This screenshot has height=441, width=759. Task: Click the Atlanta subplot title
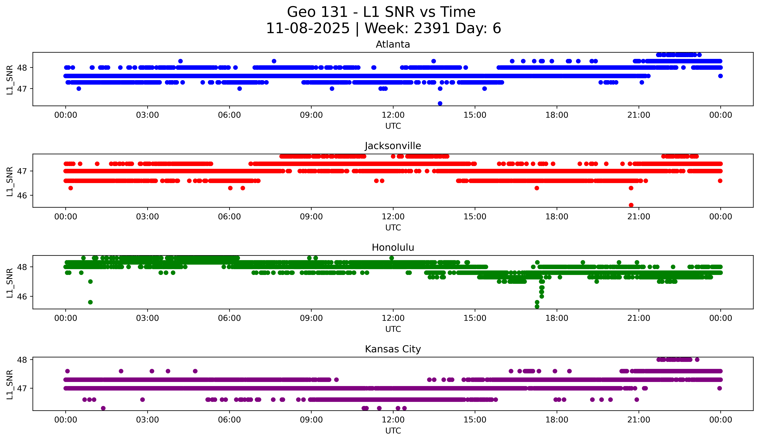point(393,44)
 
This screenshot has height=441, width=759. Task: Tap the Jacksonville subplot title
point(393,146)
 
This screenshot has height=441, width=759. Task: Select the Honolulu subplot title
point(393,247)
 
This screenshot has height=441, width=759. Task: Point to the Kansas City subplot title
point(393,349)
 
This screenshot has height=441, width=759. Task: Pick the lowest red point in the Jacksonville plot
point(631,205)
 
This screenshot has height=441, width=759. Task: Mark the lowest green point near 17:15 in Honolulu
point(537,307)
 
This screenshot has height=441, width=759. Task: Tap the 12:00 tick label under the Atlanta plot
point(393,115)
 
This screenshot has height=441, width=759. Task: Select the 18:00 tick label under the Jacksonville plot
point(557,217)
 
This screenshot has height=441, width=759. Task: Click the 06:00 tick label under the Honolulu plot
point(229,318)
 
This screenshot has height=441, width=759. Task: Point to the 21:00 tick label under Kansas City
point(639,420)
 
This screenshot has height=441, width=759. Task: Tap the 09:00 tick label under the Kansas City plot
point(311,420)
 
